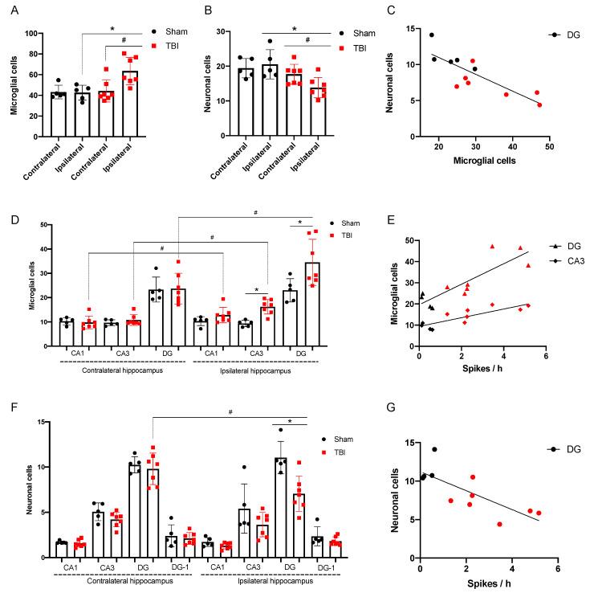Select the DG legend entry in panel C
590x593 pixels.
pos(567,35)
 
